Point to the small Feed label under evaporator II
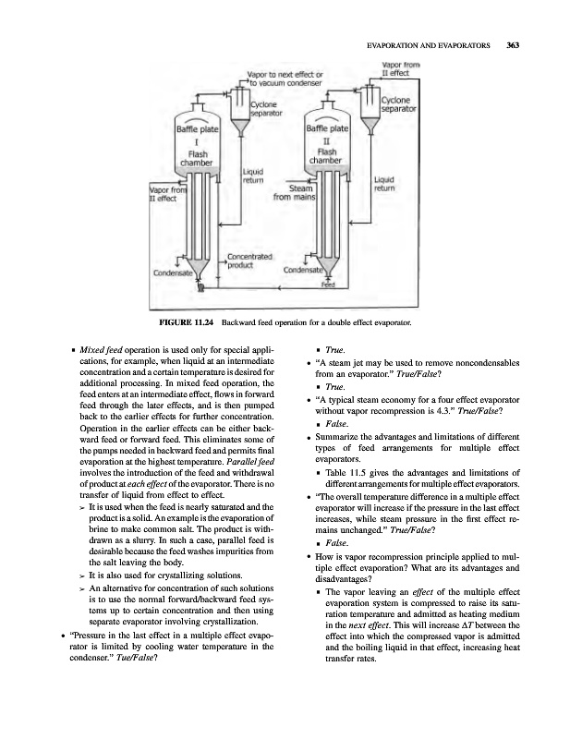point(327,285)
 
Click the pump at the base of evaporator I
point(200,288)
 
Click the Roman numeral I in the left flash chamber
point(196,143)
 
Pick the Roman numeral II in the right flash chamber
point(326,142)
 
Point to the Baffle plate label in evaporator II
point(326,130)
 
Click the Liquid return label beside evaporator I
point(255,176)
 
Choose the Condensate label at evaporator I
point(173,273)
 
